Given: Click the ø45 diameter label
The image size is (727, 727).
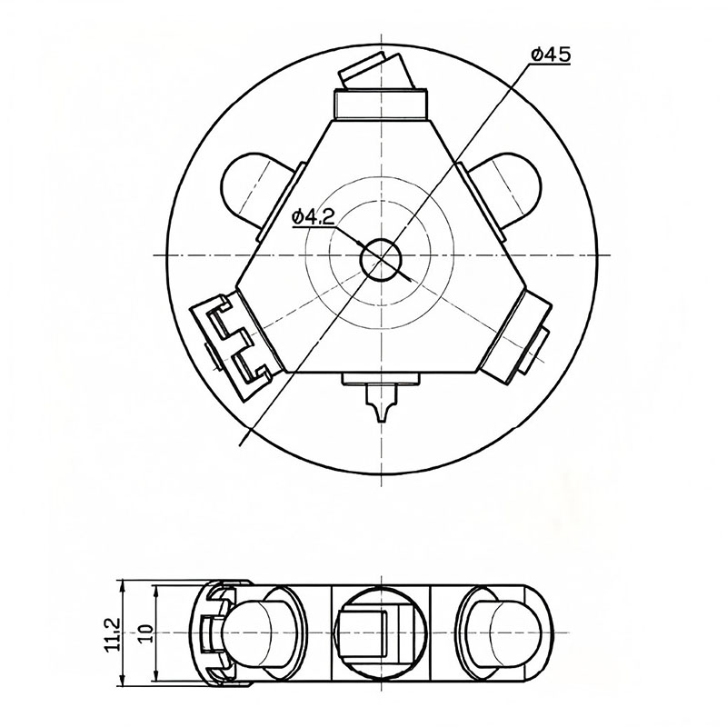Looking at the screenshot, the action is pos(551,55).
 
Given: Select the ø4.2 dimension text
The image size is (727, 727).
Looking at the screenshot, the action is pos(314,216).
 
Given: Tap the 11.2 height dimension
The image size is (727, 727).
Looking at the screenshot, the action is pos(113,633).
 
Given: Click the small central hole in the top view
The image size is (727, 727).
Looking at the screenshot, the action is pos(381,260).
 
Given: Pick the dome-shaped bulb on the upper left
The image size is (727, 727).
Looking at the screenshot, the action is pos(254,188).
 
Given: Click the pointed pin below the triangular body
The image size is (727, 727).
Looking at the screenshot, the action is pos(381,403).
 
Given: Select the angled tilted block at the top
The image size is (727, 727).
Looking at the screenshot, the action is pos(376,71).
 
